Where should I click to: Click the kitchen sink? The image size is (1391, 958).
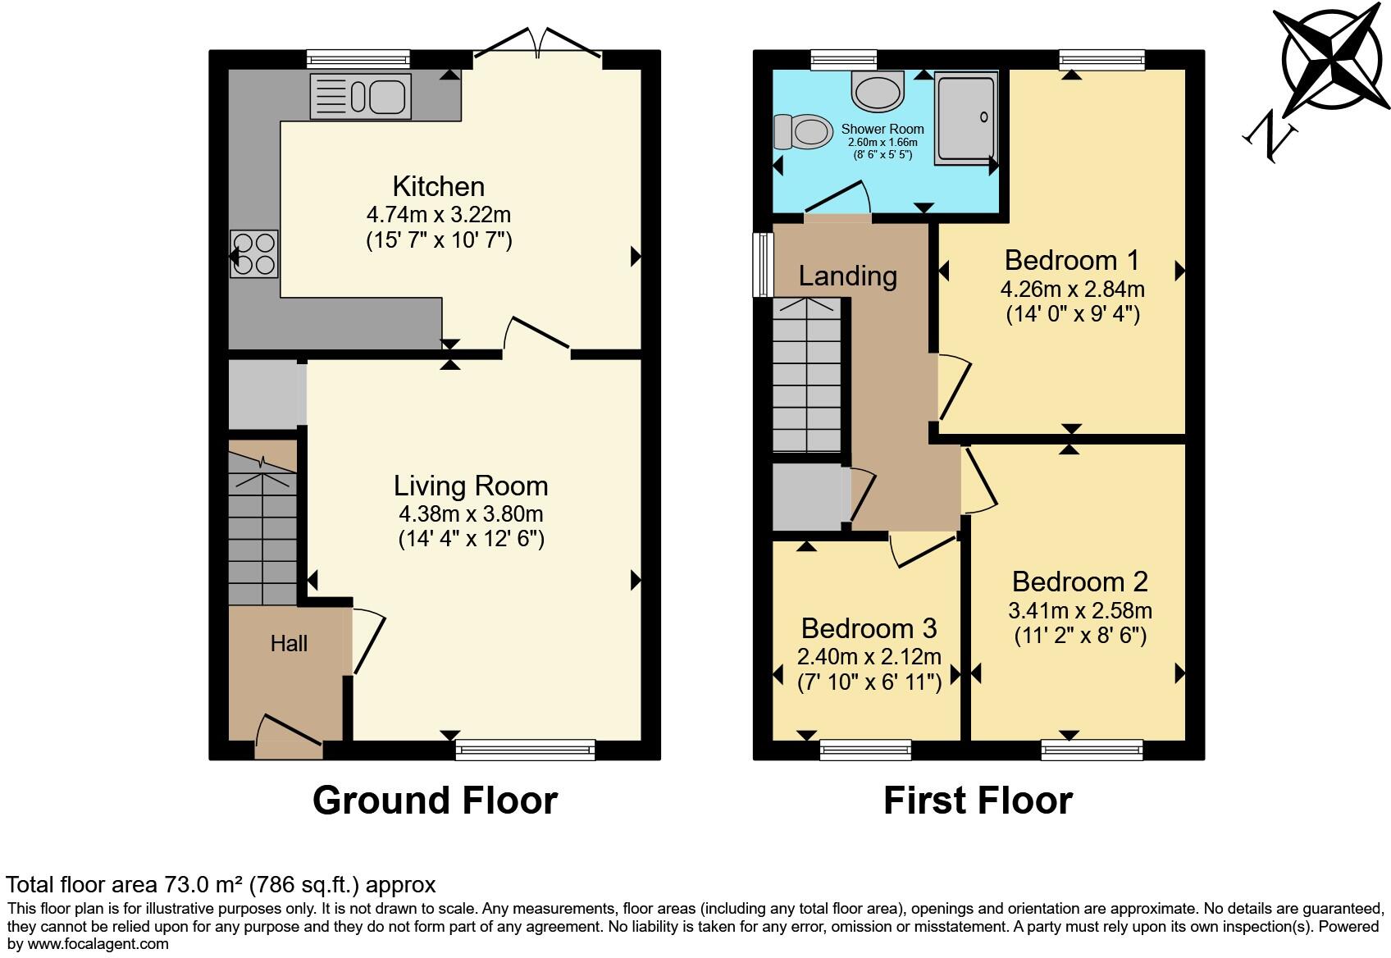pos(359,97)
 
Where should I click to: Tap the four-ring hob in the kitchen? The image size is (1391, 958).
pos(254,254)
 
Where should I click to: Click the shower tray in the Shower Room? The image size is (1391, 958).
pos(966,117)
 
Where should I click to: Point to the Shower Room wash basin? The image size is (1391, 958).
pos(877,90)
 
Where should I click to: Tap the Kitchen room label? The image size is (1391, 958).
pos(438,186)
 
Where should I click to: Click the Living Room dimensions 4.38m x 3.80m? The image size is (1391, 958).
pos(471,514)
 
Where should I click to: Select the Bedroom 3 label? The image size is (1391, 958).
pos(869,628)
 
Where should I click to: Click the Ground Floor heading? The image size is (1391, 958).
pos(435,801)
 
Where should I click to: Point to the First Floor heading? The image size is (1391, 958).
pos(978,801)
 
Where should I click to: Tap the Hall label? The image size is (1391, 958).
pos(289,644)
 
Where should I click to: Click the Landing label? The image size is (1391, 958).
pos(847,276)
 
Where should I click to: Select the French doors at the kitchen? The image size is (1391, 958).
pos(538,45)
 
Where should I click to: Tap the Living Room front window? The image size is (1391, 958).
pos(525,749)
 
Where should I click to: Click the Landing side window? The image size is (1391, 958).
pos(763,264)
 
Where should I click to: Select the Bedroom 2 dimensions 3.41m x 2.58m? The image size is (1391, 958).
pos(1079,611)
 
